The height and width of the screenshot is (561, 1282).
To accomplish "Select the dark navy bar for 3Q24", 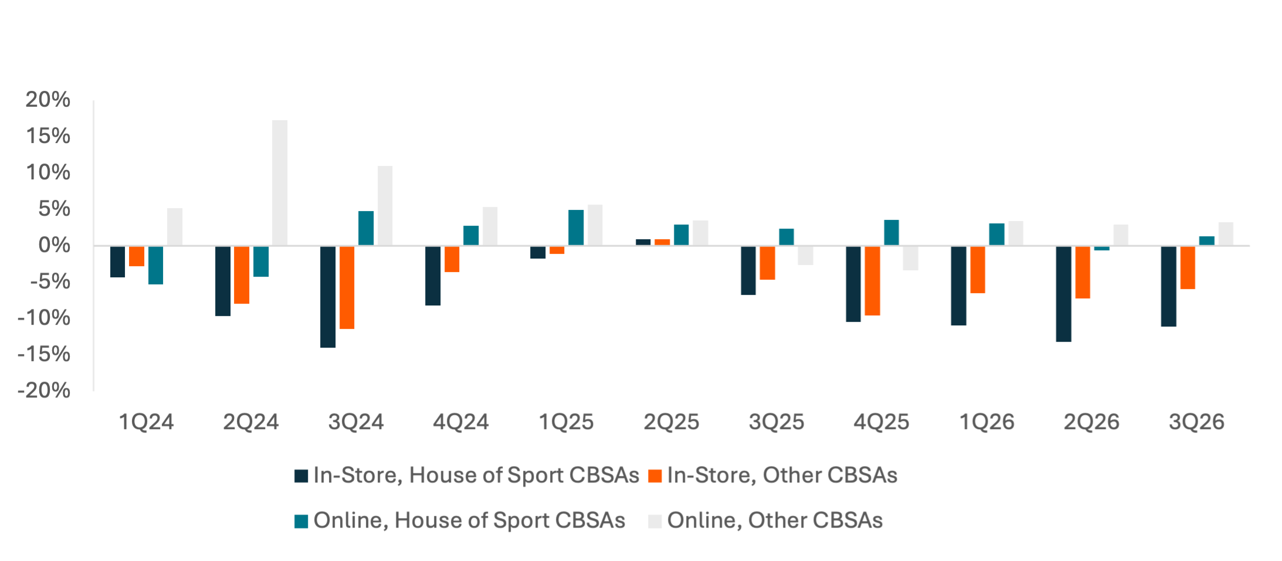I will tap(328, 297).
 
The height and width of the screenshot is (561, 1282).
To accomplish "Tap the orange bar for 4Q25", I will tap(872, 281).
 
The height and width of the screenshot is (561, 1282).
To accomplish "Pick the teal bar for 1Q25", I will tap(576, 227).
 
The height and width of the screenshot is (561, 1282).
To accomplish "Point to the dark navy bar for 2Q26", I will tap(1063, 294).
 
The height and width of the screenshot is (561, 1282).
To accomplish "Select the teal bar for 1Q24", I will tap(156, 266).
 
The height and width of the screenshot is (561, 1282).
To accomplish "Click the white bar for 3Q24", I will tap(385, 205).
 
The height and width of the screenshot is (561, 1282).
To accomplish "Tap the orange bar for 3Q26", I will tap(1188, 268).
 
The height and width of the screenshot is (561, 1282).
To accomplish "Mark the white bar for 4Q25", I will tap(910, 259).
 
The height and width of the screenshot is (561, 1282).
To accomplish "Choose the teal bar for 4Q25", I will tap(891, 232).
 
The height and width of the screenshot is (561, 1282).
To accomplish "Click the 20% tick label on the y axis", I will tap(48, 100).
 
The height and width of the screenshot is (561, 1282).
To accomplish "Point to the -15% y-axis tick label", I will tap(44, 355).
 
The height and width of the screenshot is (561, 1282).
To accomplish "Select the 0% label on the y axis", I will tap(54, 246).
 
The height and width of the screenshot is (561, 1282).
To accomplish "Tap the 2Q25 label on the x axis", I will tap(671, 422).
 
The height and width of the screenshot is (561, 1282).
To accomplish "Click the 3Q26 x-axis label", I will tap(1196, 422).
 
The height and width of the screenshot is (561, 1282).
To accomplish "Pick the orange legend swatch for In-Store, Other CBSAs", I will tap(655, 476).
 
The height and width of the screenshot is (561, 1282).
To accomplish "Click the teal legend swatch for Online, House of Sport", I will tap(301, 521).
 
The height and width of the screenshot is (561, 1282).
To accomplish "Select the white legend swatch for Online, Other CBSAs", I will tap(655, 521).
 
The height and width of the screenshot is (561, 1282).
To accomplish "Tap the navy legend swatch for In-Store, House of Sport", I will tap(301, 476).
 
